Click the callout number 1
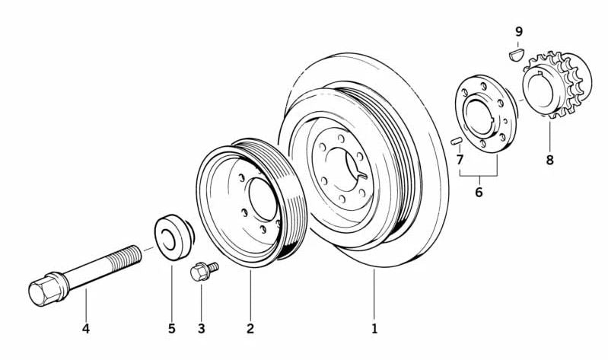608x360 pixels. click(374, 329)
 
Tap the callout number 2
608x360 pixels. click(250, 329)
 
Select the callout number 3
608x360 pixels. click(202, 329)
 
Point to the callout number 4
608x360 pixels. click(86, 329)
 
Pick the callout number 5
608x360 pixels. click(172, 329)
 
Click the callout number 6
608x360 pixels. click(479, 193)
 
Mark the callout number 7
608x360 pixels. click(460, 159)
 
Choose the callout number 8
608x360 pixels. click(549, 161)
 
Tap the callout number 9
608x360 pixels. click(519, 31)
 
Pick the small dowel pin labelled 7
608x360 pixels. click(455, 141)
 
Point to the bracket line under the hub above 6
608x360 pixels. click(479, 176)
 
